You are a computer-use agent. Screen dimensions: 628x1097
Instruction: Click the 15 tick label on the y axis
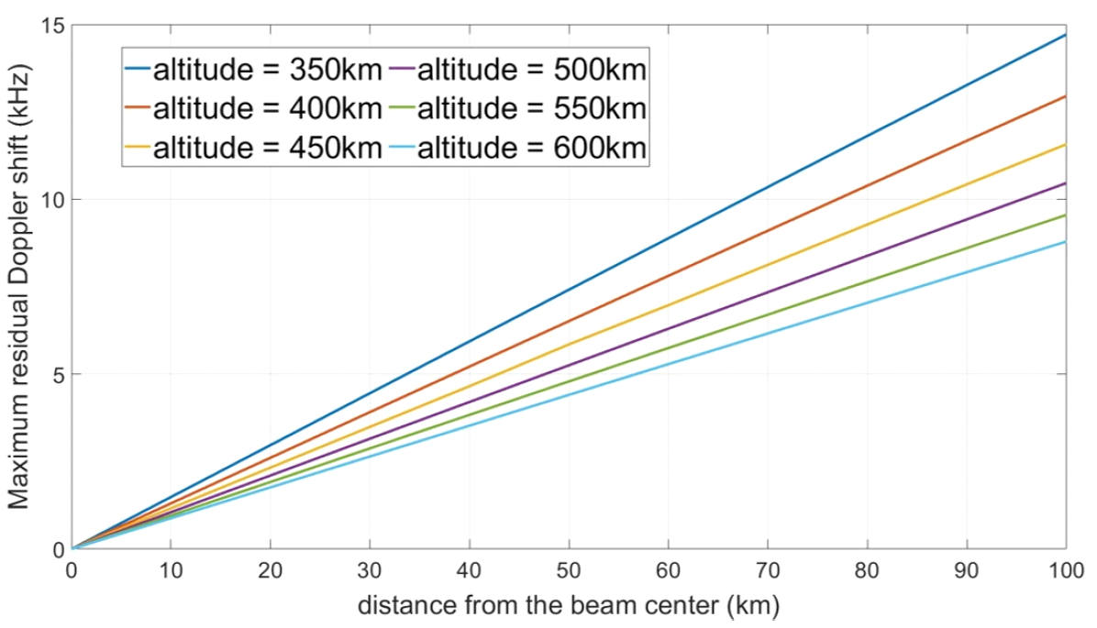[x=52, y=25]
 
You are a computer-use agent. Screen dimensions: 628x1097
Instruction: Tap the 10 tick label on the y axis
[x=52, y=200]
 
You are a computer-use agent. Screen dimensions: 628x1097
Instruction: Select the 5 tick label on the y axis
[x=57, y=375]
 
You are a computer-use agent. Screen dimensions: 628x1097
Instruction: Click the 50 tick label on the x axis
[x=569, y=570]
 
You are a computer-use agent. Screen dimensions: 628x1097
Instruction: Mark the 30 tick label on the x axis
[x=370, y=570]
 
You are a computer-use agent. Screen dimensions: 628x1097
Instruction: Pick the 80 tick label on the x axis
[x=867, y=570]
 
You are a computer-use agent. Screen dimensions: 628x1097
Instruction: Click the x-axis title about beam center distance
[x=569, y=606]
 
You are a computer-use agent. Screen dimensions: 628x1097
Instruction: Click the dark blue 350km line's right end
[x=1065, y=35]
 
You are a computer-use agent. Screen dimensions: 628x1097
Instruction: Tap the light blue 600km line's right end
[x=1065, y=242]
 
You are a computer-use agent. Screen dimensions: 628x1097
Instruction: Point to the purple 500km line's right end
[x=1065, y=183]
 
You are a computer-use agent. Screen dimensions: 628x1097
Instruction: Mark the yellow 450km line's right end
[x=1065, y=145]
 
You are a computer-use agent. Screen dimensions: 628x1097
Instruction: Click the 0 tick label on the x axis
[x=72, y=570]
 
